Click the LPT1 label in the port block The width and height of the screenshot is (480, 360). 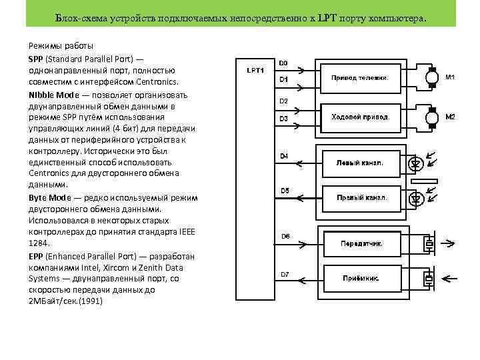pyautogui.click(x=256, y=69)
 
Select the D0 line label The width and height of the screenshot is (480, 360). pyautogui.click(x=283, y=63)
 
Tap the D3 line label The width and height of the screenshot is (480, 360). pyautogui.click(x=284, y=119)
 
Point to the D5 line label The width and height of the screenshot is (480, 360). pyautogui.click(x=285, y=191)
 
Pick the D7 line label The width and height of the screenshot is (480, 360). pyautogui.click(x=285, y=274)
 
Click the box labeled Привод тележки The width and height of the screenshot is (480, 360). pyautogui.click(x=360, y=78)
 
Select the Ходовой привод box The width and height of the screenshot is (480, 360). pyautogui.click(x=360, y=117)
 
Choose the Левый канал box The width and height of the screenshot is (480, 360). pyautogui.click(x=360, y=163)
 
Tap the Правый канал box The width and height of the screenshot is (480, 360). pyautogui.click(x=360, y=198)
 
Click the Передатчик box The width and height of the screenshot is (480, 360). pyautogui.click(x=362, y=244)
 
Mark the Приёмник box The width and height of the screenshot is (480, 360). pyautogui.click(x=362, y=278)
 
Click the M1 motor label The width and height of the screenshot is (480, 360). pyautogui.click(x=450, y=77)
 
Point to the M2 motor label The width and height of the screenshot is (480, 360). pyautogui.click(x=450, y=117)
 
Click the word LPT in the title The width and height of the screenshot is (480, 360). pyautogui.click(x=329, y=21)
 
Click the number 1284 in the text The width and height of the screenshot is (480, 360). pyautogui.click(x=39, y=244)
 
